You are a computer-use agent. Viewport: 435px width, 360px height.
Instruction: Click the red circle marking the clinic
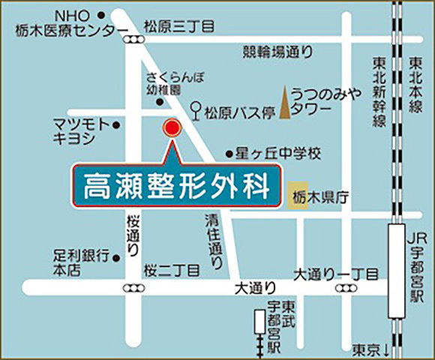[172, 128]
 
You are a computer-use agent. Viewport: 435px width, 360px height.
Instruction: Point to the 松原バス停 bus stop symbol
[197, 112]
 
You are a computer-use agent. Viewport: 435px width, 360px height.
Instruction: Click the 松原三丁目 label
[179, 27]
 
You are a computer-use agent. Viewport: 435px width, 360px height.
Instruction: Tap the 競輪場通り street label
[275, 52]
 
